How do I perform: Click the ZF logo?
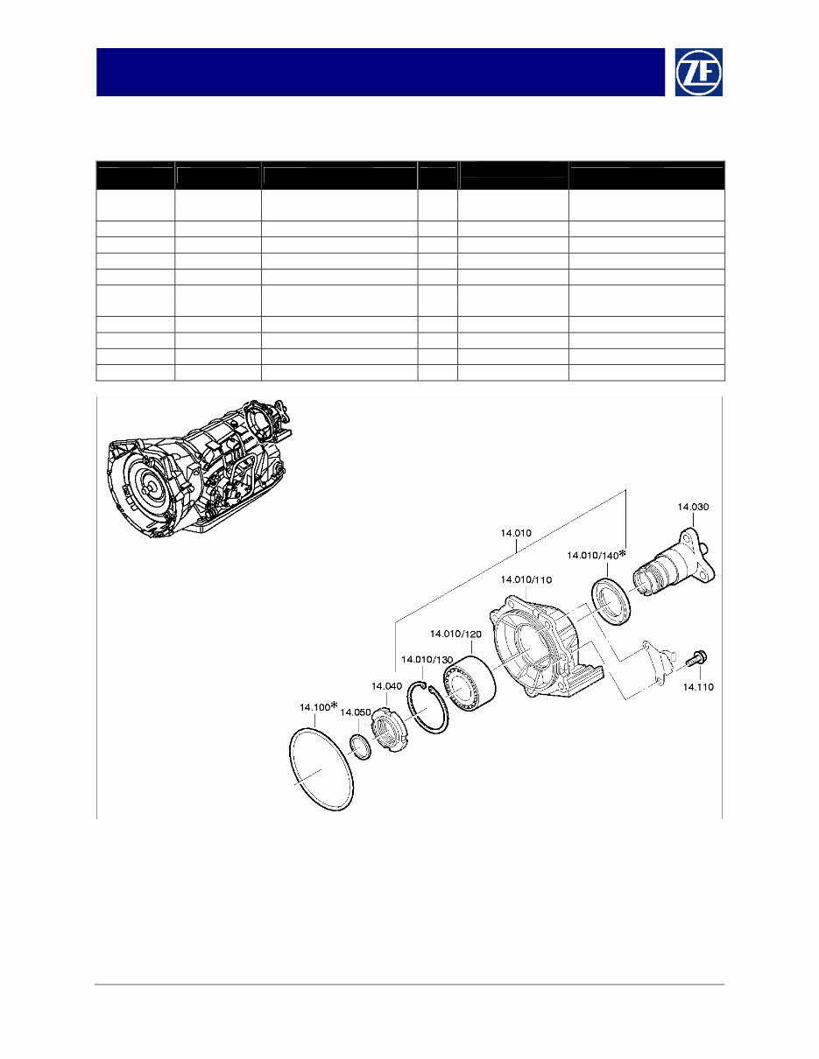[x=698, y=72]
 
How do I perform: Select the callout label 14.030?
[x=693, y=507]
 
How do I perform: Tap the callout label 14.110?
[x=698, y=687]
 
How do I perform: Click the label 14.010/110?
[x=526, y=580]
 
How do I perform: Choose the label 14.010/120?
[x=455, y=634]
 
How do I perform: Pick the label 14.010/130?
[x=427, y=660]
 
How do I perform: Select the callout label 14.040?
[x=387, y=686]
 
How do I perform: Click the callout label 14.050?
[x=356, y=712]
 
